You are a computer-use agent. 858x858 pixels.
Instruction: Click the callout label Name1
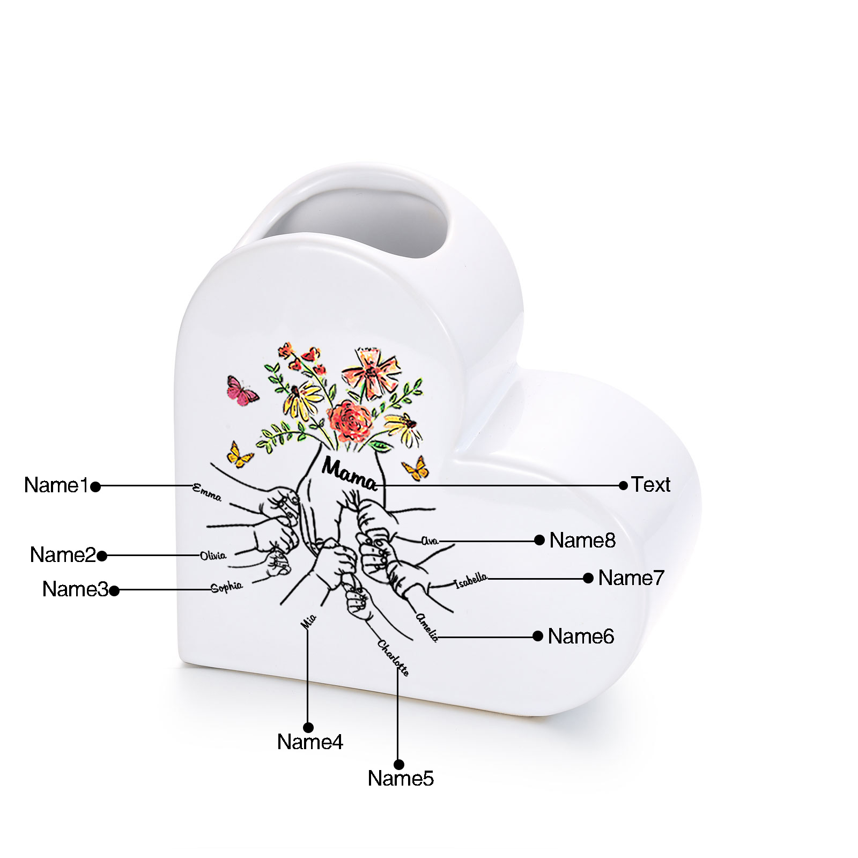pyautogui.click(x=56, y=485)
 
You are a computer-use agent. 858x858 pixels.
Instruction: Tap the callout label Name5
pyautogui.click(x=401, y=778)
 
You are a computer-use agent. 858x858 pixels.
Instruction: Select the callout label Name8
pyautogui.click(x=582, y=540)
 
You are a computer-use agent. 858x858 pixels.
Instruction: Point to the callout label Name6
pyautogui.click(x=581, y=636)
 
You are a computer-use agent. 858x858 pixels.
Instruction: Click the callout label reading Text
pyautogui.click(x=650, y=484)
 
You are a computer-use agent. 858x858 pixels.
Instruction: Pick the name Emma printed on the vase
pyautogui.click(x=207, y=492)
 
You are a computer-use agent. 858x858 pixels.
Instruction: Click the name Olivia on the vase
pyautogui.click(x=213, y=556)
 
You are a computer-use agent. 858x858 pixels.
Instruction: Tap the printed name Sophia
pyautogui.click(x=226, y=587)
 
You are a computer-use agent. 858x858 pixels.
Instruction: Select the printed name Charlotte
pyautogui.click(x=393, y=657)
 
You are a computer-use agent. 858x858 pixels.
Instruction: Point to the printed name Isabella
pyautogui.click(x=471, y=580)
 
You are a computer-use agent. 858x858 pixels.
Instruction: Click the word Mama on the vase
pyautogui.click(x=349, y=474)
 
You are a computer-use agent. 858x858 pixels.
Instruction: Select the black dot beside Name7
pyautogui.click(x=588, y=578)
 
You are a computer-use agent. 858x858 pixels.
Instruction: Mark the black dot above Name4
pyautogui.click(x=308, y=728)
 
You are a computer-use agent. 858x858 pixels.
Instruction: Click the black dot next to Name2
pyautogui.click(x=102, y=556)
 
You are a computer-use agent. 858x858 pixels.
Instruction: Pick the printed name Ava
pyautogui.click(x=430, y=541)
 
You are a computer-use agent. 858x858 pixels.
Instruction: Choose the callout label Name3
pyautogui.click(x=75, y=589)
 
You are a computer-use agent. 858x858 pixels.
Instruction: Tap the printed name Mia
pyautogui.click(x=309, y=622)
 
